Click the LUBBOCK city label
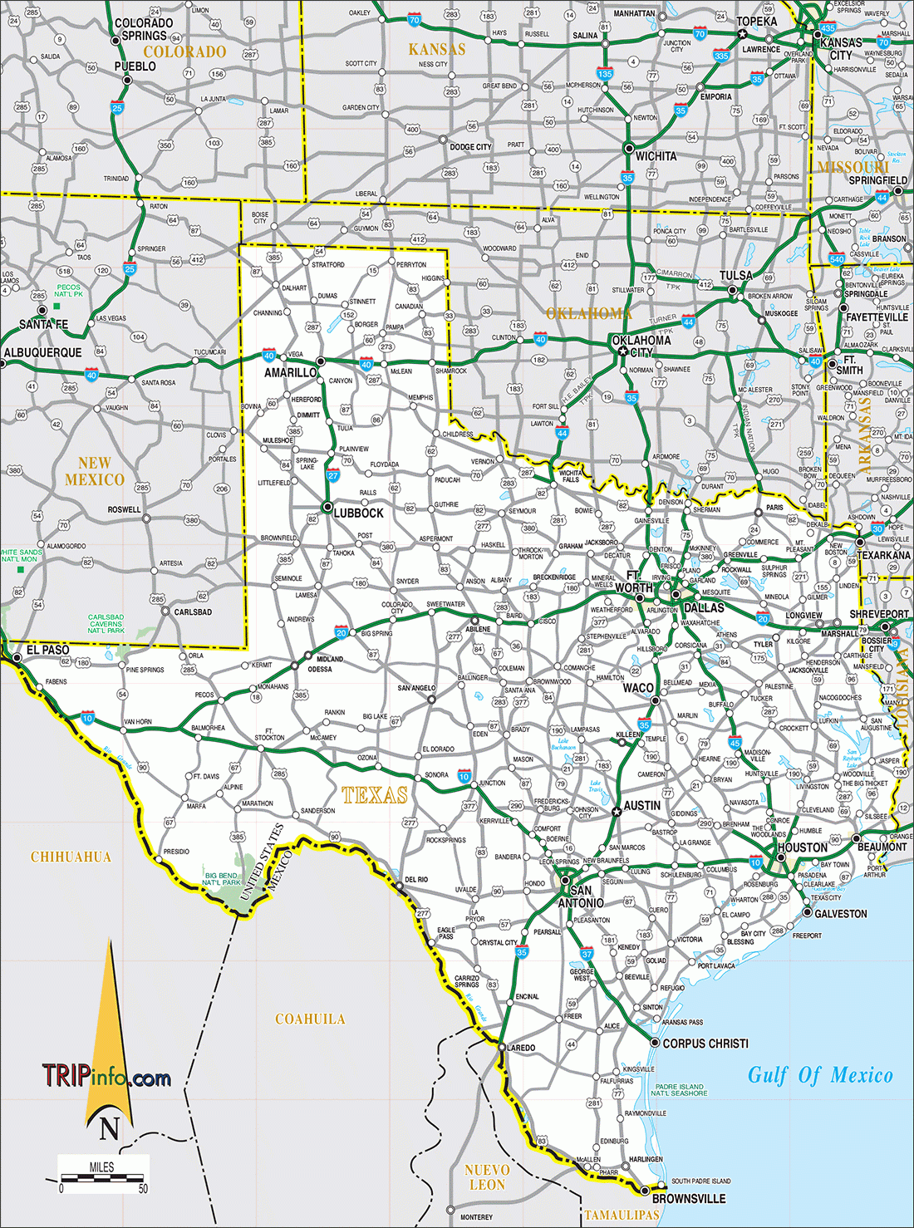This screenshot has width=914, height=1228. pyautogui.click(x=358, y=513)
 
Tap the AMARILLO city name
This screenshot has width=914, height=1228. pyautogui.click(x=290, y=372)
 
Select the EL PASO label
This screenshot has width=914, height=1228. pyautogui.click(x=47, y=650)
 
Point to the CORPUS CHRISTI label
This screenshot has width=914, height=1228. pyautogui.click(x=705, y=1043)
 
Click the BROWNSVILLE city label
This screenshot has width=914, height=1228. pyautogui.click(x=689, y=1198)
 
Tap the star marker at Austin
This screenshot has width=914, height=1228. pyautogui.click(x=616, y=812)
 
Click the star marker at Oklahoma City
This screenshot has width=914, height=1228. pyautogui.click(x=622, y=351)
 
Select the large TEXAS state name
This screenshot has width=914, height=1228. pyautogui.click(x=375, y=795)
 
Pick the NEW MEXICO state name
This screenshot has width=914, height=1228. pyautogui.click(x=95, y=471)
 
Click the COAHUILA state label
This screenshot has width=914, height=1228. pyautogui.click(x=310, y=1019)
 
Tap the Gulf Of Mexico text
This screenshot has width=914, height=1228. pyautogui.click(x=820, y=1075)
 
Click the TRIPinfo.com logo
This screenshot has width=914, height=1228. pyautogui.click(x=106, y=1078)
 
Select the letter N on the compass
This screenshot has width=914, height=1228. pyautogui.click(x=110, y=1128)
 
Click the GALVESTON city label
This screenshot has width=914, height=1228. pyautogui.click(x=840, y=913)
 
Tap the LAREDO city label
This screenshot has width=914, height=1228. pyautogui.click(x=521, y=1048)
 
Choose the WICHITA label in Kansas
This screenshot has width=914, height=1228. pyautogui.click(x=656, y=156)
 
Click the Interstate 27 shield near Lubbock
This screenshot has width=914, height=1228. pyautogui.click(x=333, y=476)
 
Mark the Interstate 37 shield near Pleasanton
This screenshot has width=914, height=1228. pyautogui.click(x=587, y=954)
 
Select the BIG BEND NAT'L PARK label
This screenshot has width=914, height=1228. pyautogui.click(x=222, y=879)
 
